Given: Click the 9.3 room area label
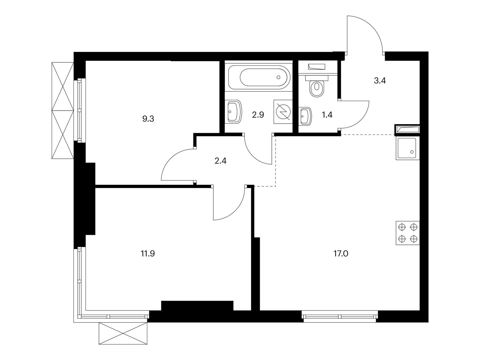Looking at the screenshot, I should (x=148, y=119).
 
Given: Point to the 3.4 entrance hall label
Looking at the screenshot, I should (x=379, y=81).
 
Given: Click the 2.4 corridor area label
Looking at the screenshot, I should (x=220, y=161).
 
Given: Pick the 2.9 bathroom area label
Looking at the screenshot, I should (x=258, y=115).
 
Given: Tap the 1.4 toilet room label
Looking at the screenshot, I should (x=327, y=115).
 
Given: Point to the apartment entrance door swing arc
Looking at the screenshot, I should (x=367, y=30).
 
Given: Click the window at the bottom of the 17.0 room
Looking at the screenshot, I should (x=340, y=316).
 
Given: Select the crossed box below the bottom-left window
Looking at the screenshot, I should (x=123, y=333).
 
